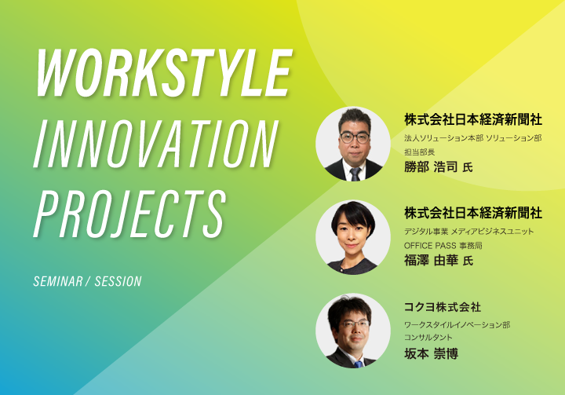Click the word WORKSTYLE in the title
coord(164,73)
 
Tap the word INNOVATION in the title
coord(156,144)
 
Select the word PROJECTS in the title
coord(129,214)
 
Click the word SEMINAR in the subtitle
coord(58,281)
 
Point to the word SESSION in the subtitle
coord(118,281)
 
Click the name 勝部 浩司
coord(431,167)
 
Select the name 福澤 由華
coord(431,261)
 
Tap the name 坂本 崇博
coord(431,354)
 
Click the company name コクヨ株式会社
coord(443,307)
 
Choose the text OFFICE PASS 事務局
coord(443,246)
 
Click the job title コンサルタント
coord(428,338)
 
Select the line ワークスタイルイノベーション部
coord(457,325)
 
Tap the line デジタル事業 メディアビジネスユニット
coord(468,232)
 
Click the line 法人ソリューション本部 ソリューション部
coord(472,138)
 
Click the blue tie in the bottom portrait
coord(358,364)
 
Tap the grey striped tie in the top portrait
coord(355,174)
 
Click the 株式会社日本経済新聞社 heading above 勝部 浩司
coord(473,120)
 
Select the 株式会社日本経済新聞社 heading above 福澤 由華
coord(473,213)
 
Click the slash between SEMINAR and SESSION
coord(88,281)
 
